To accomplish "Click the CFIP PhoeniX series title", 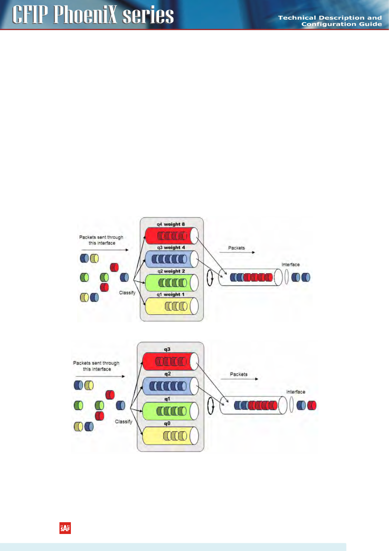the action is pos(93,15).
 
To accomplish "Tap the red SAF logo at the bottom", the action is pos(65,528).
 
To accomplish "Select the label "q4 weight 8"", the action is pos(171,224).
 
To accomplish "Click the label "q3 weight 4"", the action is pos(171,248).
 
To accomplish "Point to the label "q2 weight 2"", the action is pos(171,271).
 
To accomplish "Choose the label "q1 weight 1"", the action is pos(170,294).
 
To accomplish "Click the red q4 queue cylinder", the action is pos(171,236).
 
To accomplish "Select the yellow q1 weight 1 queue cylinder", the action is pos(171,306).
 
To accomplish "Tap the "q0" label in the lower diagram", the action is pos(167,423).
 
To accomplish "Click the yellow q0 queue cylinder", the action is pos(170,435).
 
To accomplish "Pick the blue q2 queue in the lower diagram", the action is pos(170,386).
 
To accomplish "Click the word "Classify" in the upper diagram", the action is pos(127,293).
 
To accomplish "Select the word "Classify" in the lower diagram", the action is pos(123,422).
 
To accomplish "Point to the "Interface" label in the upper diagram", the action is pos(290,265).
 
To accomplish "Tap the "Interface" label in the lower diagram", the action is pos(296,392).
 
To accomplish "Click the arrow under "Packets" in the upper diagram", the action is pos(237,253).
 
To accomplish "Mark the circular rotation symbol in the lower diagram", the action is pos(211,406).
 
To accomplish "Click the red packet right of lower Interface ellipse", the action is pos(312,405).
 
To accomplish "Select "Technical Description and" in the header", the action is pos(330,18).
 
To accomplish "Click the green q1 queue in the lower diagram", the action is pos(170,411).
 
